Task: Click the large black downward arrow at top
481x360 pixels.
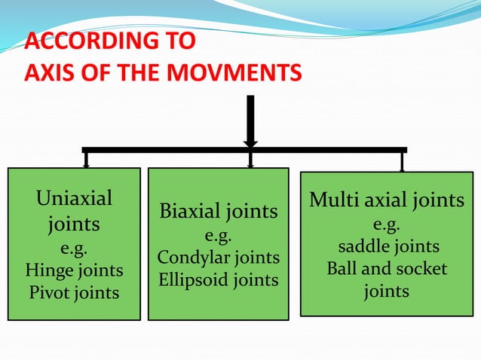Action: point(250,121)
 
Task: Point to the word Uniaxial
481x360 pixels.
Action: point(74,198)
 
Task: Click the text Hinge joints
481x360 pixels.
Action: point(74,270)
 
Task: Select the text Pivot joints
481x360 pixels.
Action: point(74,292)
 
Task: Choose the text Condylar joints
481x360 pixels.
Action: point(218,258)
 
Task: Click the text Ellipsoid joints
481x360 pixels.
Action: point(218,280)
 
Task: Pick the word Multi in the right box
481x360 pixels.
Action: point(332,200)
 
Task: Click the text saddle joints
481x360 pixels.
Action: point(388,247)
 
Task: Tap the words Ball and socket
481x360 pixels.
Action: point(387,269)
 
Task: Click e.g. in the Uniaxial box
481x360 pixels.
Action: point(74,248)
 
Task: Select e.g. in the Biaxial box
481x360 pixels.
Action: point(218,236)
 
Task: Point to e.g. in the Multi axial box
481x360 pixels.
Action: point(387,225)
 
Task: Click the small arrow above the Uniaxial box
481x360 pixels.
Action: point(87,160)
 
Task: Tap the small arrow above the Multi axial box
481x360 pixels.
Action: point(402,162)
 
